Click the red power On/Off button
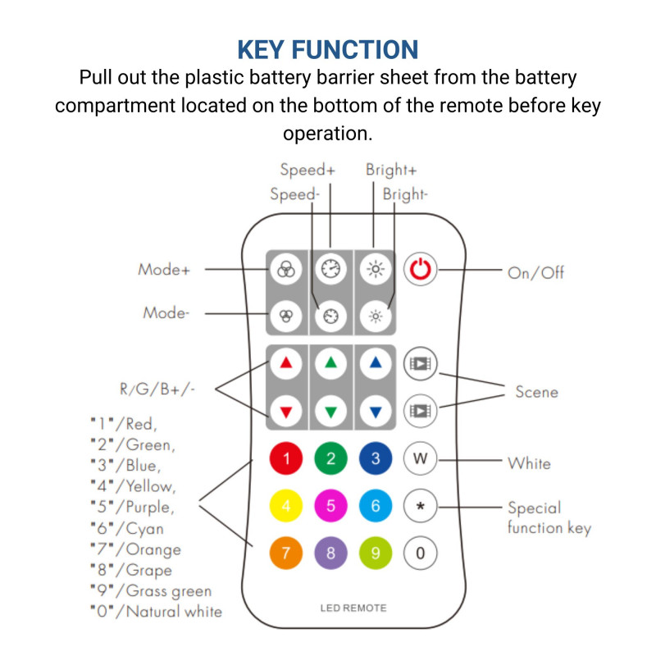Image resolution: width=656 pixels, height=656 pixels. (x=420, y=270)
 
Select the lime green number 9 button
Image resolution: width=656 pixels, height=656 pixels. (x=376, y=553)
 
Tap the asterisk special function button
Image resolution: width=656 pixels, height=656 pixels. (x=420, y=506)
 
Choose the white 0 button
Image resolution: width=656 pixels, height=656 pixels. (x=420, y=553)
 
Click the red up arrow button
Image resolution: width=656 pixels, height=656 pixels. (x=286, y=363)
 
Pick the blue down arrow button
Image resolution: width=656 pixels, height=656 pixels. (x=376, y=411)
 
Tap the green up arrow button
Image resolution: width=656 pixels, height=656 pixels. (x=330, y=363)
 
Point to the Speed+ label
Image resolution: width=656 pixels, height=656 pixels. (x=307, y=171)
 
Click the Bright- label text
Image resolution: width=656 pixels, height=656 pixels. (x=405, y=195)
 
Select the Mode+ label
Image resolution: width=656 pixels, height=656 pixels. (x=164, y=269)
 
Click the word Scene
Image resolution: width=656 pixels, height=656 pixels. (x=536, y=392)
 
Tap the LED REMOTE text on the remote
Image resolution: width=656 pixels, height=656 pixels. (x=353, y=608)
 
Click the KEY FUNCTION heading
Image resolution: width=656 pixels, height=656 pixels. (x=328, y=49)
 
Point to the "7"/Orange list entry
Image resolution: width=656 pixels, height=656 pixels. (x=135, y=549)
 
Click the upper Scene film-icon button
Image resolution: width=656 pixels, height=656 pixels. (x=420, y=363)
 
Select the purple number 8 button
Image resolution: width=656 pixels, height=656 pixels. (x=330, y=553)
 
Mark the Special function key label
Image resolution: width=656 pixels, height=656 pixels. (x=548, y=517)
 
